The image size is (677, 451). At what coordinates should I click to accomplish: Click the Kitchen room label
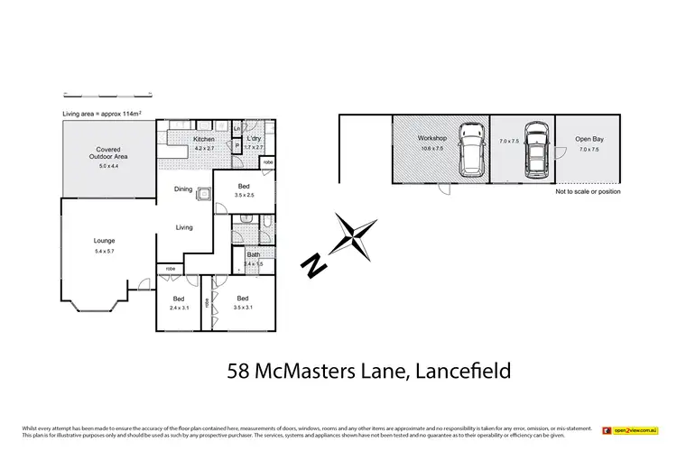coord(202,138)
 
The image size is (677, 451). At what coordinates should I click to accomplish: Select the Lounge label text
coord(105,241)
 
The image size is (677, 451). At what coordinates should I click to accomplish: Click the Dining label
coord(183,189)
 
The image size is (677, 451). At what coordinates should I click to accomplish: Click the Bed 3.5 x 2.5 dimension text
coord(245,195)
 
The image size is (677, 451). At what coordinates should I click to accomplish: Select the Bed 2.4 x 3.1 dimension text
coord(179,308)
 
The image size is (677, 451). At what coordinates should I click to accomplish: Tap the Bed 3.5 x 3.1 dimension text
coord(243,308)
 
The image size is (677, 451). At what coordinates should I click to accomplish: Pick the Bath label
coord(254,254)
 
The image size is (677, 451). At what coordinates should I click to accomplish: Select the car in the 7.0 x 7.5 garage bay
coord(533,148)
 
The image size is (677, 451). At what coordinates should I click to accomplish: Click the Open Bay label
coord(589,140)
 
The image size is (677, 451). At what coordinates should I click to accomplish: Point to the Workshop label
coord(431,137)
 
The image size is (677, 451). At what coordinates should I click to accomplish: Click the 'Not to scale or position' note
coord(589,191)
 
